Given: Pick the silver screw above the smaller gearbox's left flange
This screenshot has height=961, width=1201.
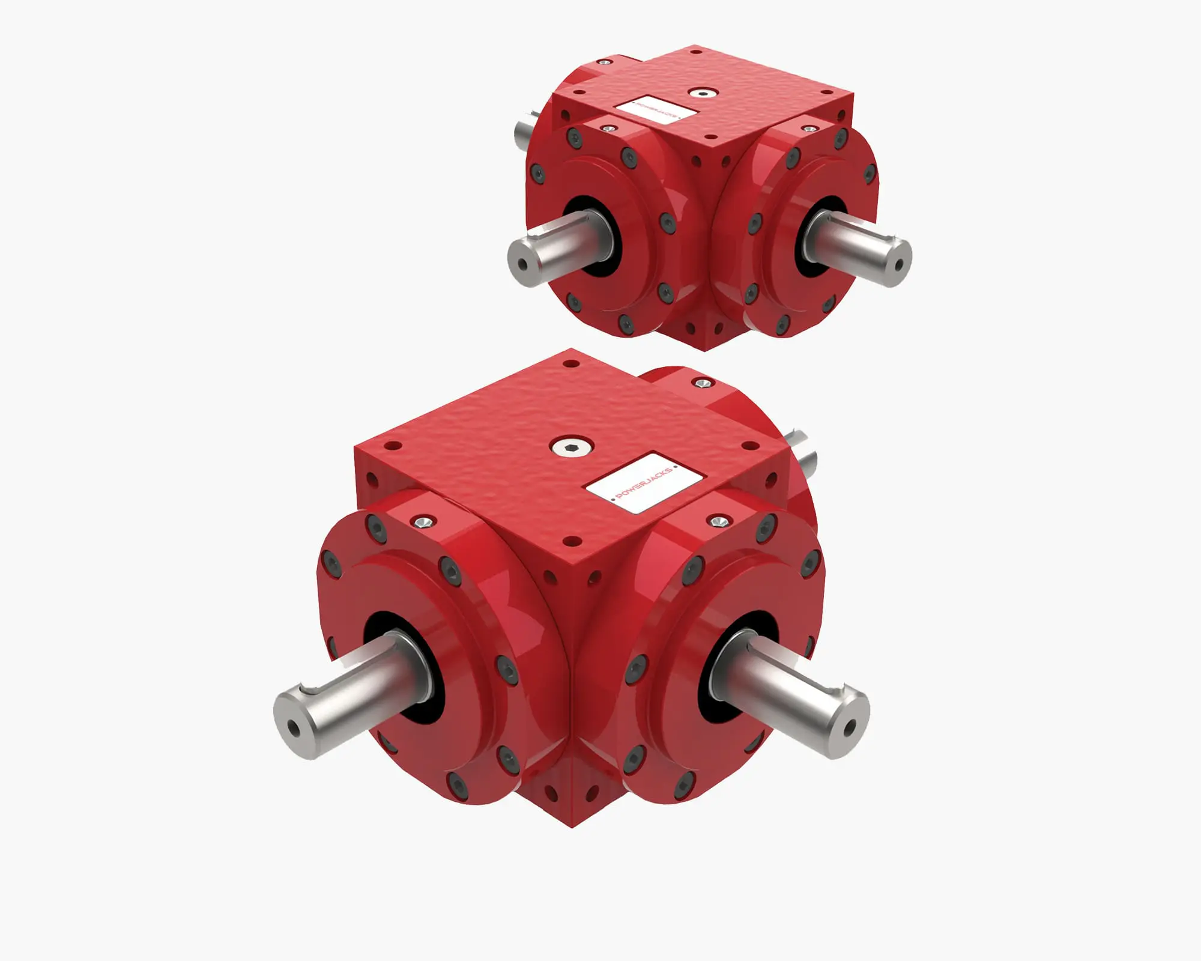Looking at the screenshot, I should point(610,128).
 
